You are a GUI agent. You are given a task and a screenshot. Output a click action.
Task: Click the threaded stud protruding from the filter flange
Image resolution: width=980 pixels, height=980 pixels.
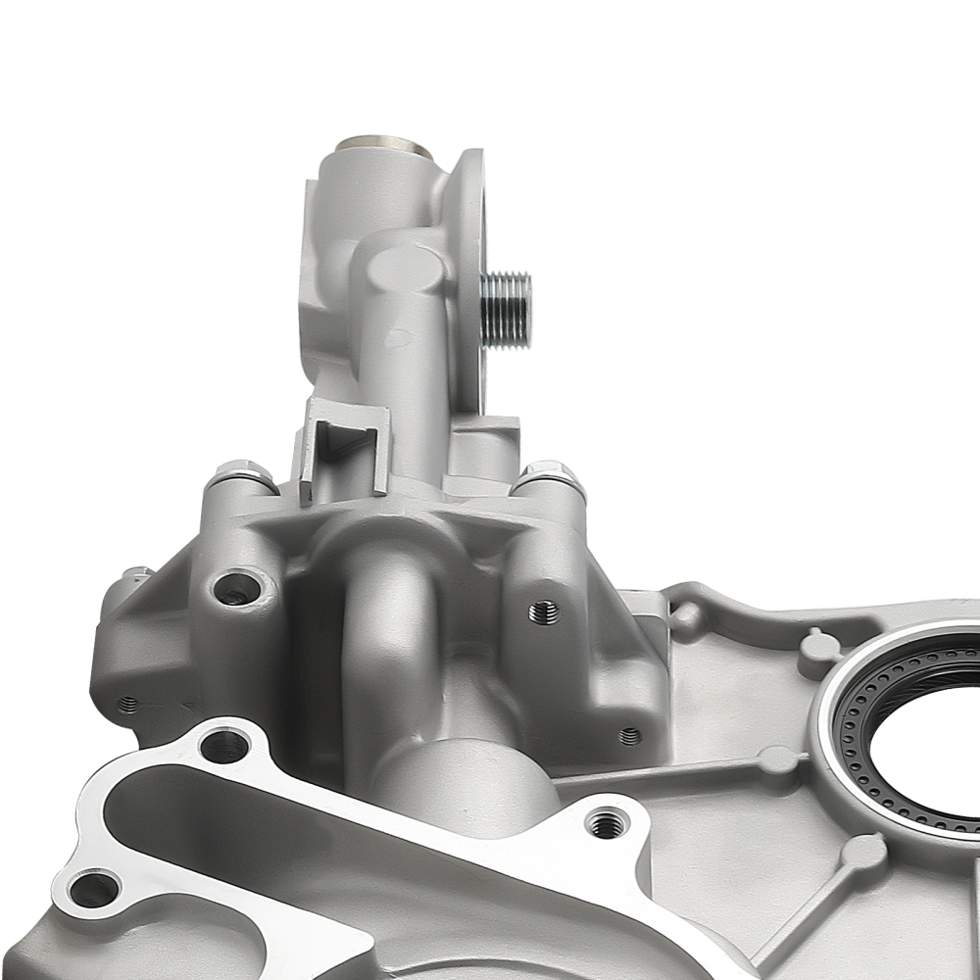tap(508, 309)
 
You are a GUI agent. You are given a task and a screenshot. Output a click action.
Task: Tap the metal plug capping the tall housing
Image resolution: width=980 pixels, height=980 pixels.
tap(384, 147)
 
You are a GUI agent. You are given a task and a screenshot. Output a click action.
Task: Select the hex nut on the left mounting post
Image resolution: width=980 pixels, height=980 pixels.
tap(240, 474)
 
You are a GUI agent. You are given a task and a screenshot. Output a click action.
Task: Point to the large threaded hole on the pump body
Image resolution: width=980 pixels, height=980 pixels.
tap(544, 612)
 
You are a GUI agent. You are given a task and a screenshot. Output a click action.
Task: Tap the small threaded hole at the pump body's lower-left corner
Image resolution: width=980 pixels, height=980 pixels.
tap(127, 704)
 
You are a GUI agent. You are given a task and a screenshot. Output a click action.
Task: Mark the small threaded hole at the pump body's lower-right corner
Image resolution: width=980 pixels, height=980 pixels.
tap(630, 735)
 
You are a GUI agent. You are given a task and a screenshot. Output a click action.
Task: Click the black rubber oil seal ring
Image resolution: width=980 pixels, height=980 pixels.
tap(882, 686)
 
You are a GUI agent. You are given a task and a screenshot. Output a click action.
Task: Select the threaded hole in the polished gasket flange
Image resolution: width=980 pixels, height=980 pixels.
tap(608, 824)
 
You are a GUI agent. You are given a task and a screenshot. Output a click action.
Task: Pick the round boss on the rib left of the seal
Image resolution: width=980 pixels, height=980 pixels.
tap(777, 759)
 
